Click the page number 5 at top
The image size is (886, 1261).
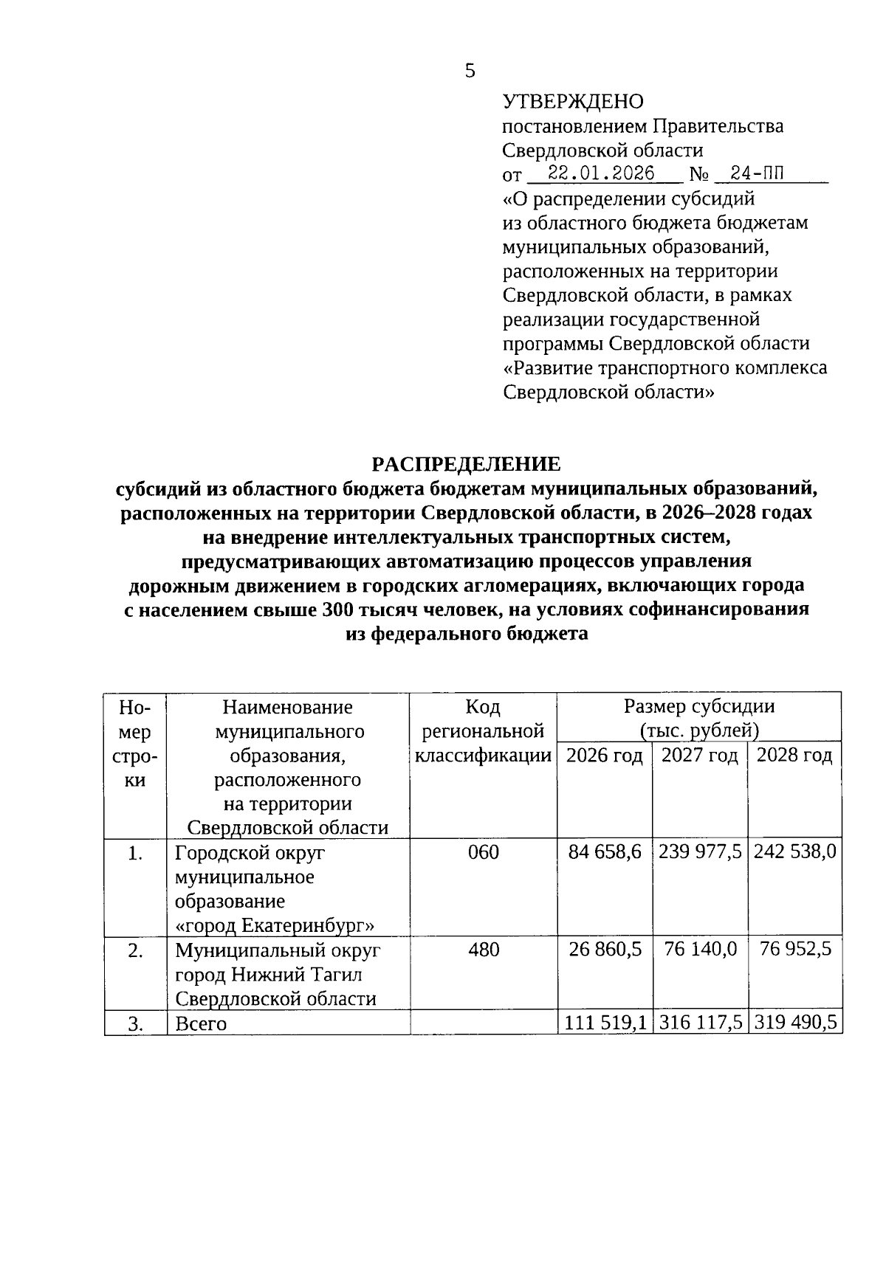coord(470,72)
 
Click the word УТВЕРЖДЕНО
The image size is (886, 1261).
coord(573,101)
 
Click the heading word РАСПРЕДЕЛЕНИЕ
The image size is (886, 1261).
coord(466,464)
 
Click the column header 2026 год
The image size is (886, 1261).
coord(604,756)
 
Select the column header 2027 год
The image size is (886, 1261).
coord(699,756)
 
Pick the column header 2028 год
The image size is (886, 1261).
coord(794,756)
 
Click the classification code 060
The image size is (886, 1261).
coord(484,852)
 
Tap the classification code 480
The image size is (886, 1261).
coord(484,950)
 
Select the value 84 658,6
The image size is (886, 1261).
coord(605,852)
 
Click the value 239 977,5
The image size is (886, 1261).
coord(700,852)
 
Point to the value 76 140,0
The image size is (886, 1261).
coord(700,949)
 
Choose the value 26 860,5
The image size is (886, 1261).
coord(605,950)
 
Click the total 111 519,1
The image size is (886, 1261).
coord(605,1023)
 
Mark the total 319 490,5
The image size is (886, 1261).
coord(794,1023)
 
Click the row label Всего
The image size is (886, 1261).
coord(201,1024)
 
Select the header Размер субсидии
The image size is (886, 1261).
coord(699,707)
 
